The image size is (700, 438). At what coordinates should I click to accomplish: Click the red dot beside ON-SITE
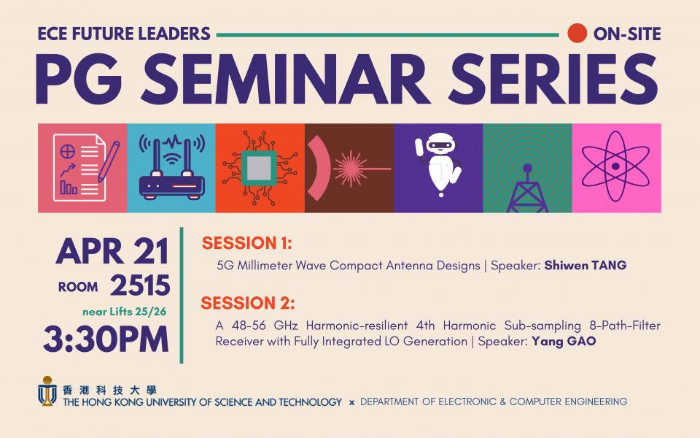click(x=577, y=34)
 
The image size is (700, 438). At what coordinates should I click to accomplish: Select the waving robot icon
click(x=438, y=164)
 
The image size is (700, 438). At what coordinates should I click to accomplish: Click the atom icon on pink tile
click(x=615, y=166)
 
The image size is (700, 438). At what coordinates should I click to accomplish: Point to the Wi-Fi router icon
click(x=172, y=167)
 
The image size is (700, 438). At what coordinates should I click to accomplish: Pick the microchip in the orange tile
click(x=260, y=169)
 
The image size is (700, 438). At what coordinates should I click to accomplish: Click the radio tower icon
click(x=527, y=188)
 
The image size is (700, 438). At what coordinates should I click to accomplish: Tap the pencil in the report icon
click(x=109, y=161)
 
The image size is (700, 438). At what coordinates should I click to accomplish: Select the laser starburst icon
click(x=351, y=169)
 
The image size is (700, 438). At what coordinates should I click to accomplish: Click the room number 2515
click(x=140, y=285)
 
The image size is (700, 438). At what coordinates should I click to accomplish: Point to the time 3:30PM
click(x=106, y=339)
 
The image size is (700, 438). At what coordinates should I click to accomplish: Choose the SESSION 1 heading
click(x=247, y=243)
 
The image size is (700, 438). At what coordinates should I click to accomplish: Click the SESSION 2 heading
click(x=248, y=303)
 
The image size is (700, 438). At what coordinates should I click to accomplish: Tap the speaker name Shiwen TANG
click(x=586, y=266)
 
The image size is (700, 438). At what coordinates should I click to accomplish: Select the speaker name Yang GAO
click(x=564, y=342)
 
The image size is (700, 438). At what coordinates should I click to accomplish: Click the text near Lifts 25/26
click(x=124, y=312)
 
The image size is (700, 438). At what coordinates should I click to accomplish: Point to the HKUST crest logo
click(x=47, y=391)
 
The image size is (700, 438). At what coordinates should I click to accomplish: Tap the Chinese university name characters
click(x=110, y=390)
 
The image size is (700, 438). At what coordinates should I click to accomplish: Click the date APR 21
click(x=112, y=252)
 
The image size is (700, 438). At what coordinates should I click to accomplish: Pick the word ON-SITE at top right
click(x=627, y=34)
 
